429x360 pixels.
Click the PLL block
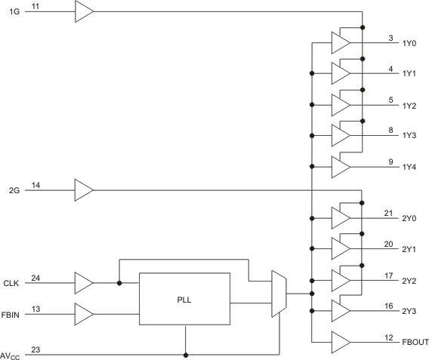coord(184,298)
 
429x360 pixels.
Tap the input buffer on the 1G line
coord(84,12)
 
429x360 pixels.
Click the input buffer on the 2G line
coord(84,189)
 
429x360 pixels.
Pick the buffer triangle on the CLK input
coord(84,283)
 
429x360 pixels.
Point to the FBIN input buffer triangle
coord(84,312)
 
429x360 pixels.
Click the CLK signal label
coord(11,284)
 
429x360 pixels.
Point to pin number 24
coord(35,278)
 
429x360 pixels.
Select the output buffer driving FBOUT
coord(341,342)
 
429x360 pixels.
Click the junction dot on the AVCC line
coord(184,353)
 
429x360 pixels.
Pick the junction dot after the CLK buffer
coord(119,284)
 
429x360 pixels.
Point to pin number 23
coord(35,348)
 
